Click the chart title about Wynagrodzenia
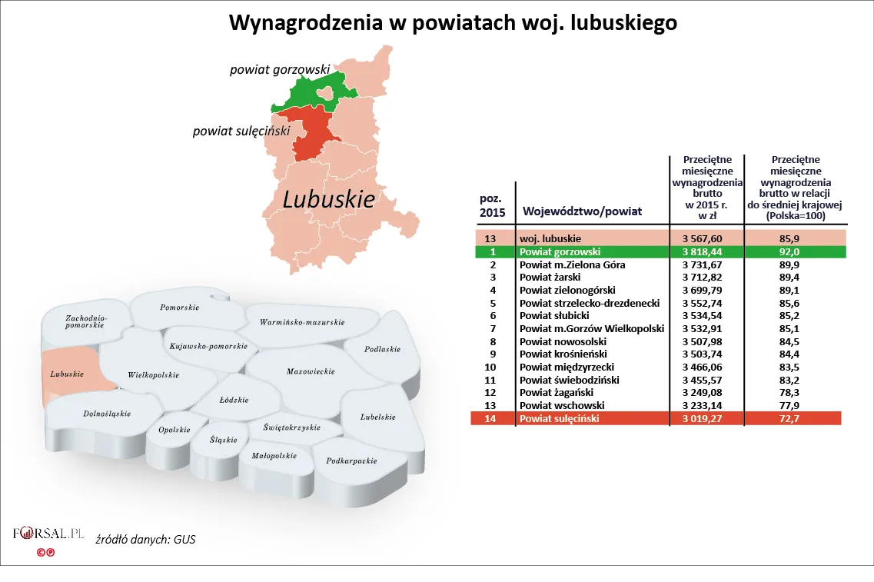[x=453, y=23]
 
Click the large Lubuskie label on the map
[x=328, y=200]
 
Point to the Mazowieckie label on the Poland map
[x=311, y=371]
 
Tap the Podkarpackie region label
[x=351, y=461]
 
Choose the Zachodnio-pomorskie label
[x=85, y=322]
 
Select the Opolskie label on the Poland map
[x=174, y=430]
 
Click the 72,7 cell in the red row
[x=795, y=418]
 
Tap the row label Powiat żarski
[x=550, y=277]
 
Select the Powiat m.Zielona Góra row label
[x=572, y=264]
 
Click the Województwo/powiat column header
[x=582, y=211]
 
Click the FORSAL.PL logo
[x=48, y=533]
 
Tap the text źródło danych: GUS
[x=145, y=539]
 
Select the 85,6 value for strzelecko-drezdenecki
[x=795, y=303]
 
